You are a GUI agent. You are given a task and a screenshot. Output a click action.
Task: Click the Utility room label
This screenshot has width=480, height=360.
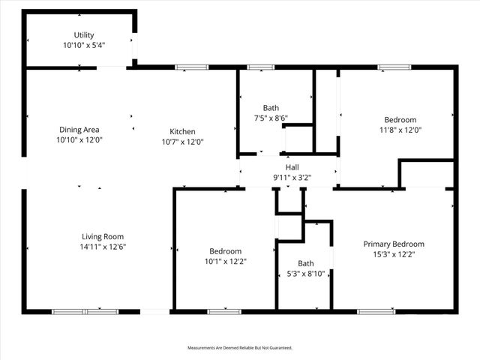(84, 35)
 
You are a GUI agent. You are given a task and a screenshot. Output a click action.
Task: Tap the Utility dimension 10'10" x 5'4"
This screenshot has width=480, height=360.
(84, 45)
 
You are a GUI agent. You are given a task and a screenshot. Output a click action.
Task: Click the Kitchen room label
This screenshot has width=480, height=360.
(182, 131)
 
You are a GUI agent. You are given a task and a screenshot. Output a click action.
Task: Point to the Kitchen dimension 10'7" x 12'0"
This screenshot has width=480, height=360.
(182, 141)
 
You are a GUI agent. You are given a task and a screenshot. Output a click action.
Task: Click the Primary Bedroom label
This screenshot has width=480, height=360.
(394, 244)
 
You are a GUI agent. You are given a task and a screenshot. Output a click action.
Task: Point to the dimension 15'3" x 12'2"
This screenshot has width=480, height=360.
(394, 254)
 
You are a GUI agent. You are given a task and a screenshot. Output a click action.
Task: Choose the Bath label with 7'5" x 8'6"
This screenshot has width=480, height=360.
(271, 107)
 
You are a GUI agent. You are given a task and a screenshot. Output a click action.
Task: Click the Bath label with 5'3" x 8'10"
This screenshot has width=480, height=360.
(306, 263)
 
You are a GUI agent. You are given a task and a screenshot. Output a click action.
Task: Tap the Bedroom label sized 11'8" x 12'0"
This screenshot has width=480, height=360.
(400, 119)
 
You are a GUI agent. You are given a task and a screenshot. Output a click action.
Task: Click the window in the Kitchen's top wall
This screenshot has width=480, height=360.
(192, 67)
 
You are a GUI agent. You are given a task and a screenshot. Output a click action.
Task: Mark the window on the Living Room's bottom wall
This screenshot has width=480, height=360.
(85, 310)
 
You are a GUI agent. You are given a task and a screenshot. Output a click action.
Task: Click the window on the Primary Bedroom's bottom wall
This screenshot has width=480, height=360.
(376, 310)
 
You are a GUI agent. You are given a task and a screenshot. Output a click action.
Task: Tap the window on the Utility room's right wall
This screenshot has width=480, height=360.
(135, 46)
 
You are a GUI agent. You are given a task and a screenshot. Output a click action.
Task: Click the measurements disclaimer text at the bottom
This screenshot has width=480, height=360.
(239, 348)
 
